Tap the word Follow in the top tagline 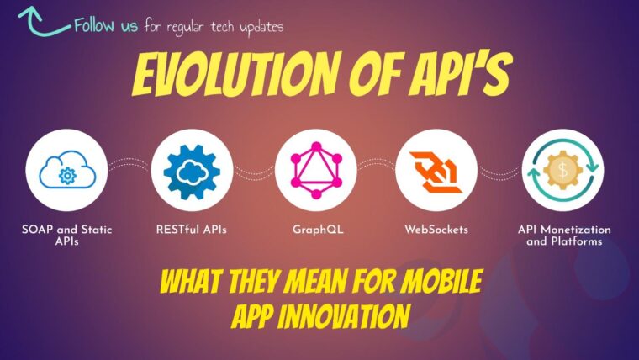click(94, 25)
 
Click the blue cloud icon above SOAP click(67, 170)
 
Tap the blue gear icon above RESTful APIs click(192, 172)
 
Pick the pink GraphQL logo click(316, 170)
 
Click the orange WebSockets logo click(436, 172)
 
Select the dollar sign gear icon click(562, 170)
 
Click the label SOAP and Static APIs click(66, 236)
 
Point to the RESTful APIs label click(191, 230)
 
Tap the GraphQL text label click(318, 230)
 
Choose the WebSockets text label click(436, 230)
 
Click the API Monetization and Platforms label click(564, 236)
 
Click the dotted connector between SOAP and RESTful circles click(129, 164)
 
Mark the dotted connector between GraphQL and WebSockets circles click(376, 164)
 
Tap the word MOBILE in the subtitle click(441, 281)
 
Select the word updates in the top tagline click(261, 28)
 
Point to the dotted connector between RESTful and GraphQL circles click(254, 173)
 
